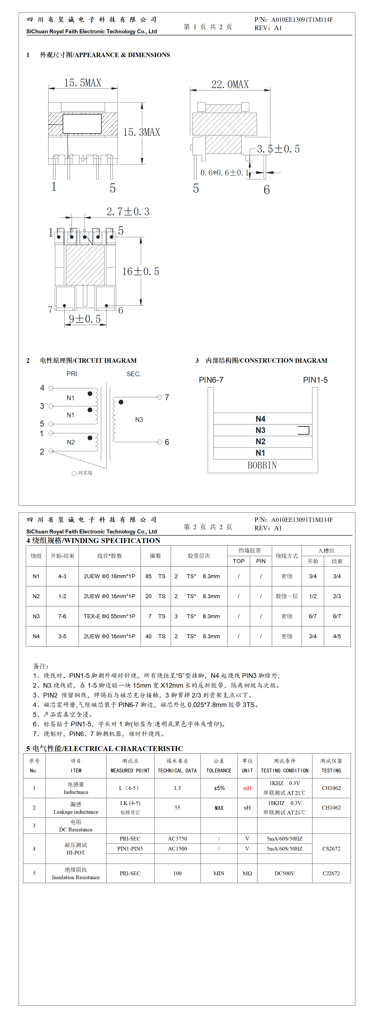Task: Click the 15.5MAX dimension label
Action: coord(83,83)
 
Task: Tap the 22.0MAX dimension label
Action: coord(230,85)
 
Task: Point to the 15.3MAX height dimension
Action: coord(142,132)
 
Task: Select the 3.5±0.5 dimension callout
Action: coord(278,149)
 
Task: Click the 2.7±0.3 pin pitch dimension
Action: coord(128,212)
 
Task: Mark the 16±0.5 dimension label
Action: coord(141,271)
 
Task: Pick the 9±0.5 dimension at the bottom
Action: coord(85,319)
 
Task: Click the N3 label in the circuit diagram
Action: coord(139,420)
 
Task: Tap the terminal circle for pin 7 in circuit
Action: coord(159,397)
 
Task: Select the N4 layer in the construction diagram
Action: coord(260,419)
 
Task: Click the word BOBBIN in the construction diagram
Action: coord(262,465)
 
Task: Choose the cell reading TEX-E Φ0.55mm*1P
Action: coord(109,616)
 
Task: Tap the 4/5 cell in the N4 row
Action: coord(337,636)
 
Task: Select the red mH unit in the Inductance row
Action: coord(247,788)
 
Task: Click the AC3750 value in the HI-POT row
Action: coord(177,839)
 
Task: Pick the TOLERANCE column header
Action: coord(219,771)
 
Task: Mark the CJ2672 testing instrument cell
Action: coord(331,873)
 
